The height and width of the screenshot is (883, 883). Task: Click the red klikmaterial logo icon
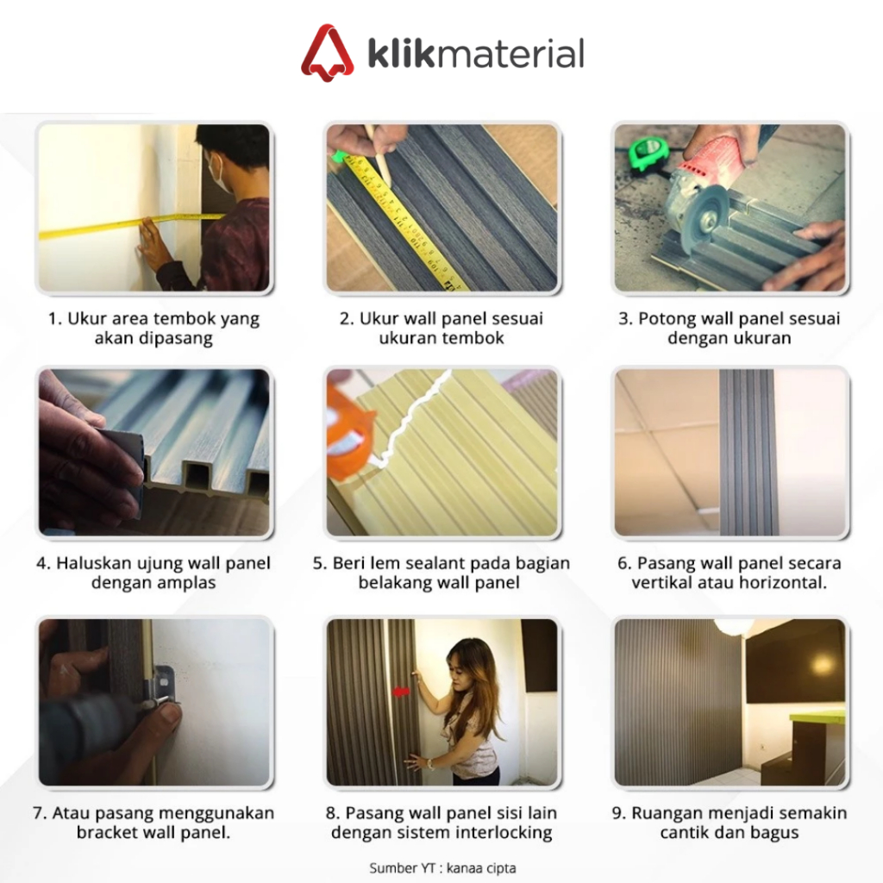(x=327, y=53)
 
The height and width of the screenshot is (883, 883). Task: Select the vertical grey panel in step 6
(x=746, y=452)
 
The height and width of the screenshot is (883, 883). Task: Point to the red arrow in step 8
(x=402, y=692)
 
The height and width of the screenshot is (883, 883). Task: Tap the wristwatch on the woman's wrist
(x=430, y=764)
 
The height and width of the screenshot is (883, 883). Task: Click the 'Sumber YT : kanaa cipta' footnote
(x=442, y=867)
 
